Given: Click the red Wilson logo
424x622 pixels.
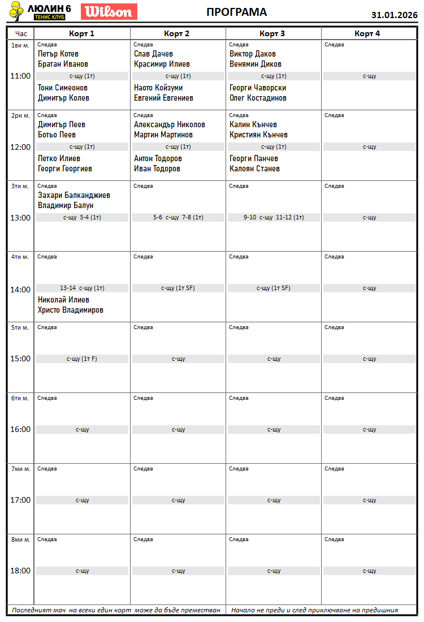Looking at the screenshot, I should pyautogui.click(x=109, y=12).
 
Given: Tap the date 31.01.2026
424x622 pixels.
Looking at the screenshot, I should pyautogui.click(x=394, y=15).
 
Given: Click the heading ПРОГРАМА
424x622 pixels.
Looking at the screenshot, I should pyautogui.click(x=236, y=12).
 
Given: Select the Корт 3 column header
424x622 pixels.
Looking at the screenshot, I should pyautogui.click(x=272, y=33).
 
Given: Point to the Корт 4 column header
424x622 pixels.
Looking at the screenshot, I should pyautogui.click(x=367, y=33).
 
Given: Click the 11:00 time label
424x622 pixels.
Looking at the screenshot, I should pyautogui.click(x=20, y=76).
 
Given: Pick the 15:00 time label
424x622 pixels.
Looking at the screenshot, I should pyautogui.click(x=20, y=358).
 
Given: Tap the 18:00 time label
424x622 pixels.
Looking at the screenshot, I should pyautogui.click(x=20, y=571).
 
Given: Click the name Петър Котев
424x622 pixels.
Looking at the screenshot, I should pyautogui.click(x=58, y=54).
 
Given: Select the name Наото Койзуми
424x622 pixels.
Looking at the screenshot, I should pyautogui.click(x=158, y=88).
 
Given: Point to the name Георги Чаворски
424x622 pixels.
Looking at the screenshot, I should pyautogui.click(x=258, y=88).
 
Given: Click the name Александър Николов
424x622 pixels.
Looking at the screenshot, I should pyautogui.click(x=170, y=124).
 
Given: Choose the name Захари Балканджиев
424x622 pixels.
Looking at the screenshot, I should pyautogui.click(x=74, y=195).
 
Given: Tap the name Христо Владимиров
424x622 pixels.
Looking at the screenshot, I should pyautogui.click(x=71, y=310).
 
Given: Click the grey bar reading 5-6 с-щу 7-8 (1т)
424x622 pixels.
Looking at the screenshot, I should pyautogui.click(x=178, y=217).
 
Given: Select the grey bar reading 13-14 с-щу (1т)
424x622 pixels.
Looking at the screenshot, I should pyautogui.click(x=82, y=288).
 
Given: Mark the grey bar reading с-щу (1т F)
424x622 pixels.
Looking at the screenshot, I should pyautogui.click(x=82, y=358).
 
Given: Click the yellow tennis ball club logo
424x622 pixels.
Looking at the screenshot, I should pyautogui.click(x=18, y=12).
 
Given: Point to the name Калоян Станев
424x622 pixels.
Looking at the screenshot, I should pyautogui.click(x=254, y=169).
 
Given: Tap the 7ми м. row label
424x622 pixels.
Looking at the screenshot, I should pyautogui.click(x=20, y=469).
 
